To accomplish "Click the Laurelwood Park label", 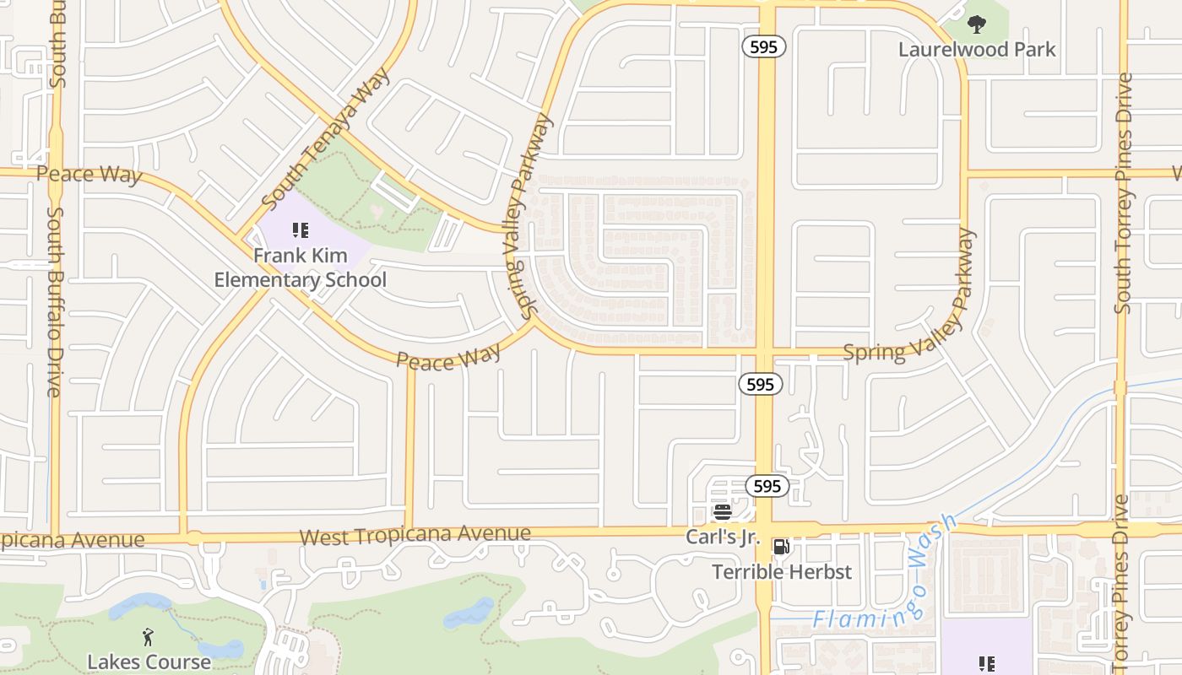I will pos(977,49).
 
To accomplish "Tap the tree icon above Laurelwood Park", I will pos(977,24).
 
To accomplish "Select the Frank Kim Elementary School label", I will pos(300,267).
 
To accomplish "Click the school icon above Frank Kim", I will pos(300,229).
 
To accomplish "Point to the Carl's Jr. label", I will pos(723,537).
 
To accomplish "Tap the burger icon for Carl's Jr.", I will pos(722,511).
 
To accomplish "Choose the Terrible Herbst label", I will pos(782,572).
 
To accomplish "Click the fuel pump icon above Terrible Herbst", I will pos(782,547).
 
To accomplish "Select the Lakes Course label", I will pos(149,661).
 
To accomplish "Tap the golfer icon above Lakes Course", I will pos(149,636).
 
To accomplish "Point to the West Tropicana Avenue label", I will pos(415,535).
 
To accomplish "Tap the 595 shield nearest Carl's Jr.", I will pos(767,486).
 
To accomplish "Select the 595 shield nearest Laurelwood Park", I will pos(764,47).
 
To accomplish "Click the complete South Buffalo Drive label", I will pos(55,301).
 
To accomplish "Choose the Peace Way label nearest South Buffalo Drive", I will pos(89,175).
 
